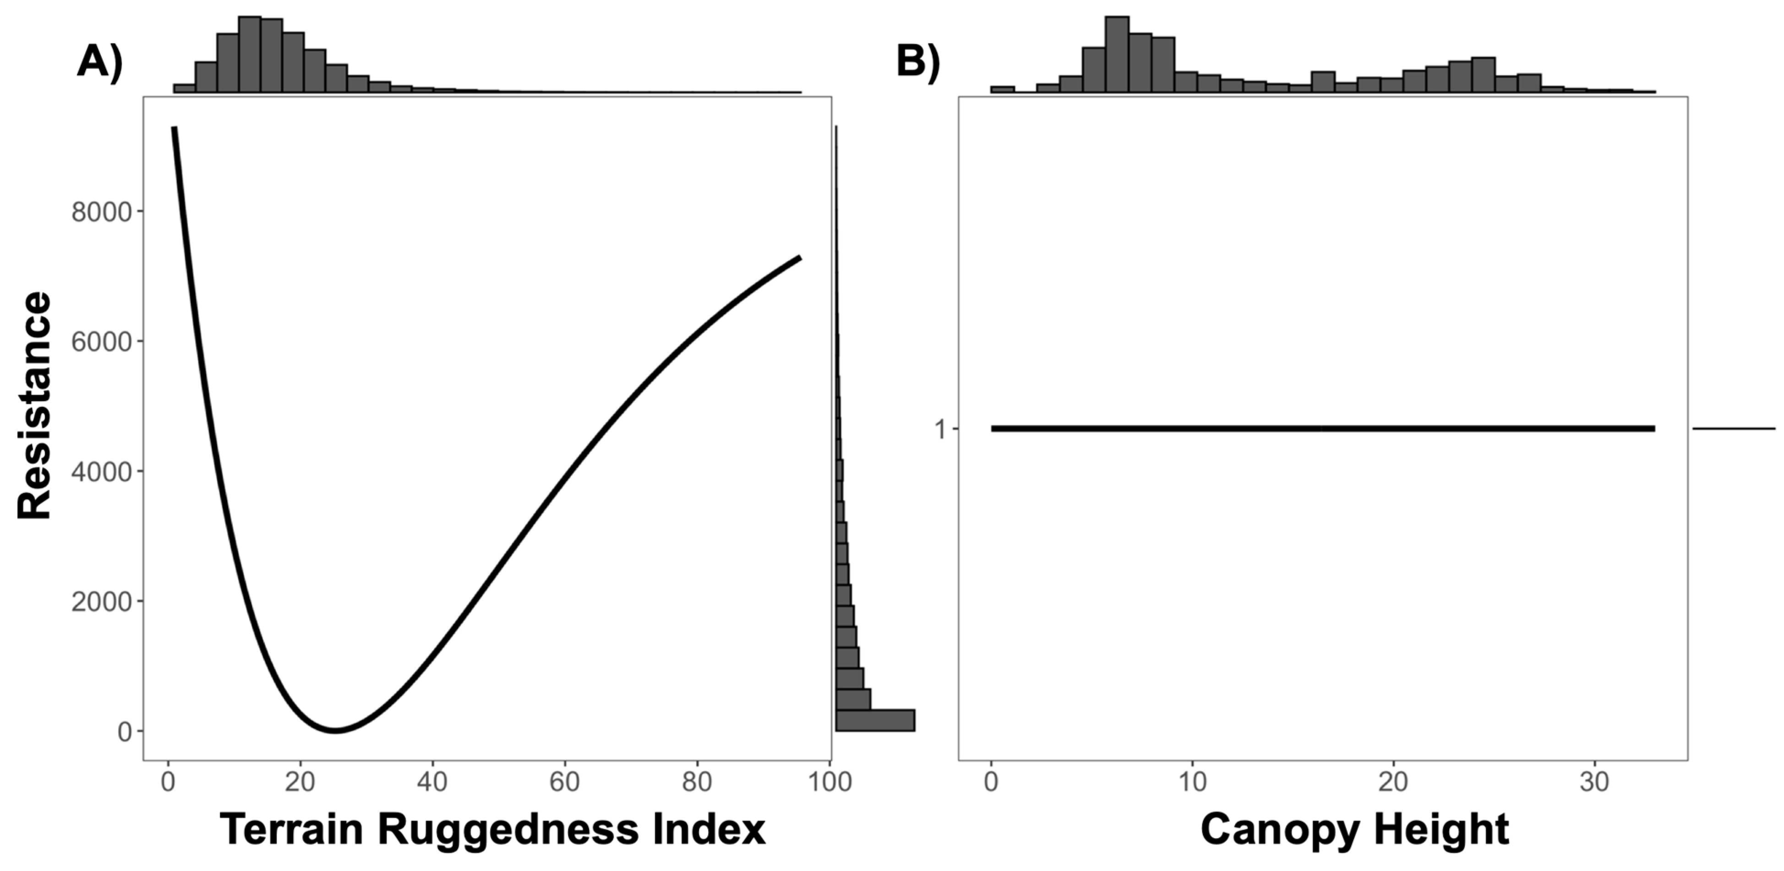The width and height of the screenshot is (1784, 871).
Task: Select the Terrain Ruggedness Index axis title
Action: click(492, 829)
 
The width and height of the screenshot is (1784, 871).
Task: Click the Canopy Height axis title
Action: click(1355, 829)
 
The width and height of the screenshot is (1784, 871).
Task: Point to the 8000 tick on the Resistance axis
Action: click(101, 212)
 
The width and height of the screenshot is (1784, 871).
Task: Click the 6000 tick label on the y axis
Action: click(101, 342)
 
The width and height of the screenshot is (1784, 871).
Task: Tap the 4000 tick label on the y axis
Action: click(101, 472)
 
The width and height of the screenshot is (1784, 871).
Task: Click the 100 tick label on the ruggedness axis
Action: click(829, 782)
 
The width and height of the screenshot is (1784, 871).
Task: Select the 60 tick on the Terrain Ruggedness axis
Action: click(564, 782)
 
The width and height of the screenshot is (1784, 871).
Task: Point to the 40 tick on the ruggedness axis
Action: click(432, 782)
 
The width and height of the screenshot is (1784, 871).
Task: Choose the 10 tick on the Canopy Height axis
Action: click(1192, 782)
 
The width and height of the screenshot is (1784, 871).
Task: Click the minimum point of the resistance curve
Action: click(335, 730)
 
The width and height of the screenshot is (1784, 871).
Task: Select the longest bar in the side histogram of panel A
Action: click(875, 720)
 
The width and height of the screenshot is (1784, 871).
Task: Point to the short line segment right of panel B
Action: click(1734, 429)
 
